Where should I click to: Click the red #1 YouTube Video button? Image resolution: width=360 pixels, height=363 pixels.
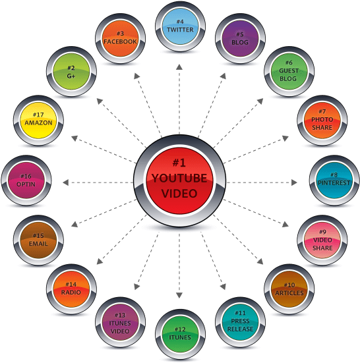[179, 181]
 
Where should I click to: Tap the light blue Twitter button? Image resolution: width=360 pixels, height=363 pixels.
[180, 26]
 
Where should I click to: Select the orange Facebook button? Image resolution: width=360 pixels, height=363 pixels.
[120, 38]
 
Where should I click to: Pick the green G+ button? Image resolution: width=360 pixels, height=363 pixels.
[71, 71]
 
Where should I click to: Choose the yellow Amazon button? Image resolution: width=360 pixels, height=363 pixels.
[38, 121]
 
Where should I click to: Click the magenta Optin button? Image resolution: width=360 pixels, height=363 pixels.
[26, 181]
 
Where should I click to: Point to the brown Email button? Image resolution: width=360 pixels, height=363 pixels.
[38, 240]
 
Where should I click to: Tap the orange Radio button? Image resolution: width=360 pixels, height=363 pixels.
[71, 289]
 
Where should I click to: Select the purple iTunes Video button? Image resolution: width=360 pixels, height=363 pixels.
[120, 322]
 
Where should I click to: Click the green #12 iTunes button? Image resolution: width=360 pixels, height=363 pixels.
[180, 334]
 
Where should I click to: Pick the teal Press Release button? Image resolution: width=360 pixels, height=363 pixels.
[240, 322]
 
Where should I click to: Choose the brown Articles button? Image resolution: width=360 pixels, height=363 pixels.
[289, 289]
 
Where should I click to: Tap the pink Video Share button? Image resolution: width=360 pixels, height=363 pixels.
[322, 240]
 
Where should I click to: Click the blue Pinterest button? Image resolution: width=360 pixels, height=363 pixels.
[334, 181]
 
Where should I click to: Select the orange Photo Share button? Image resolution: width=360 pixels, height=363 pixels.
[322, 121]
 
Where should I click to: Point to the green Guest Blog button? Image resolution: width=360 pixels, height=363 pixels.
[289, 71]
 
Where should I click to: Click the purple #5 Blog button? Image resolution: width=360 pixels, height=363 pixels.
[240, 38]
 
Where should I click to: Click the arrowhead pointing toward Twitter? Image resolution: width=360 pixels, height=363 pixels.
[179, 67]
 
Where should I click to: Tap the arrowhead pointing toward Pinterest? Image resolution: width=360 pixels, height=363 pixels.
[294, 182]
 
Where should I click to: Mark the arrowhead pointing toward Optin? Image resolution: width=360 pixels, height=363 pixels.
[65, 182]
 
